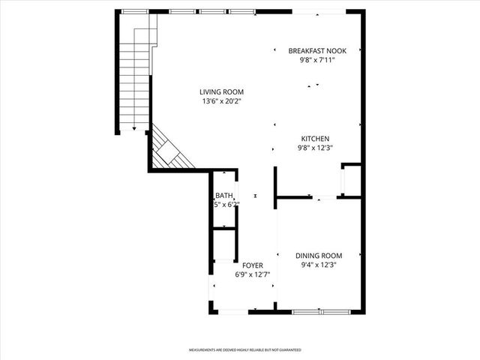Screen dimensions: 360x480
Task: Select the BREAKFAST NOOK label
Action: click(317, 51)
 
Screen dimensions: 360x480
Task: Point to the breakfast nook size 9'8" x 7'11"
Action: click(317, 60)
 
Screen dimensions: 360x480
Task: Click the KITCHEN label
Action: click(315, 139)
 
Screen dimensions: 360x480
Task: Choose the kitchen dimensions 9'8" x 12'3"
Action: click(315, 148)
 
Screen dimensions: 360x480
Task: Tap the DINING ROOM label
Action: click(318, 255)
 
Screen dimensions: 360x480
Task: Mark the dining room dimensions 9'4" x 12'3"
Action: click(318, 264)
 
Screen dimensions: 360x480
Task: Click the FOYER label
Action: click(252, 266)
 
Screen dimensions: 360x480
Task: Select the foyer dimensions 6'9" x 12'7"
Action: click(252, 275)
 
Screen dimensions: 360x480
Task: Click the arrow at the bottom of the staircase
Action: click(134, 128)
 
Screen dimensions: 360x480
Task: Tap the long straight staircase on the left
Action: click(134, 75)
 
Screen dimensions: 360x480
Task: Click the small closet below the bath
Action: click(223, 244)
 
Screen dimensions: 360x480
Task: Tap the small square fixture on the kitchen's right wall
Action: click(349, 180)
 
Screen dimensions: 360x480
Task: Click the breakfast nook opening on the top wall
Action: click(319, 11)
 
